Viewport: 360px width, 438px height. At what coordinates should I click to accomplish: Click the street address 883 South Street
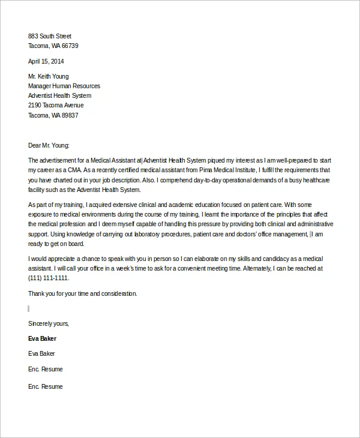[50, 36]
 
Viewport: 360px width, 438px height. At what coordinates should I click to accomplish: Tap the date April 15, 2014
[46, 61]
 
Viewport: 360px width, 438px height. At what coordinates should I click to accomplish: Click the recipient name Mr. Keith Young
[49, 76]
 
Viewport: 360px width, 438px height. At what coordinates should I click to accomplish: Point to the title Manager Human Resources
[64, 86]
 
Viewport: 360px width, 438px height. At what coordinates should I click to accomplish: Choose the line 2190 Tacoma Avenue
[56, 105]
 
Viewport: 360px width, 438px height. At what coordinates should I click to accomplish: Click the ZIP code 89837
[70, 115]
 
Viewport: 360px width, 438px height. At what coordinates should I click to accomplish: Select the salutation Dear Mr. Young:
[49, 145]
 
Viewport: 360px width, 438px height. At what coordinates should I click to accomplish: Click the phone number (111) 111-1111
[49, 278]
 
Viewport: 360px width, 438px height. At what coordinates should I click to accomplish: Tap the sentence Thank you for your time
[82, 293]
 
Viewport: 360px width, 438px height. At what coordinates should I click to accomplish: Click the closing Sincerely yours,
[49, 323]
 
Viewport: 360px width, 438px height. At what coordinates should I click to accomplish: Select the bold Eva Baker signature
[42, 338]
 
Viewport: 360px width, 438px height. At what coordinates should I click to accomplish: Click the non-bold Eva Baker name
[41, 353]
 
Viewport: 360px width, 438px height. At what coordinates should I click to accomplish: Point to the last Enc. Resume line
[45, 387]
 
